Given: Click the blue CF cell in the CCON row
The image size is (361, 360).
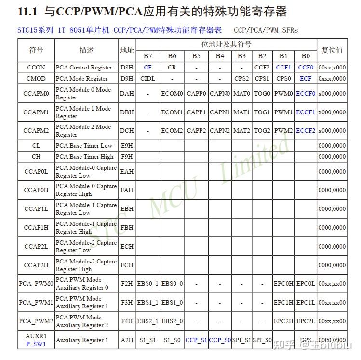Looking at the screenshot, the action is point(147,68).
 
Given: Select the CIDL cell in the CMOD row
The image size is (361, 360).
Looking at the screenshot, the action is point(147,78).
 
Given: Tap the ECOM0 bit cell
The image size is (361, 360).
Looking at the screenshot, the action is point(172,94).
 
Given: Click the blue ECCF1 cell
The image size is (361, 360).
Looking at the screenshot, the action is point(306,112).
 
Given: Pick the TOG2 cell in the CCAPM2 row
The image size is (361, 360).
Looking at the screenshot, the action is point(262,131).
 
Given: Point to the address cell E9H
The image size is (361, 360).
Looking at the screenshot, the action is point(127,146).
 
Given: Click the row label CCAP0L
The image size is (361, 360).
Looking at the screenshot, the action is point(36,171).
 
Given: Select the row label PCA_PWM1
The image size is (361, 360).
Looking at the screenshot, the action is point(36,303).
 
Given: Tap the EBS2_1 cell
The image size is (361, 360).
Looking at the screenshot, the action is point(147,321).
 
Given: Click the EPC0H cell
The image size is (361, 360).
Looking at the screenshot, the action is point(283,284).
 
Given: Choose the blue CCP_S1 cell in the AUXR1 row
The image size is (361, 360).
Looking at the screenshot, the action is point(196,340).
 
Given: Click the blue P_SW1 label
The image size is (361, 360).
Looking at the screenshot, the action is point(36,344).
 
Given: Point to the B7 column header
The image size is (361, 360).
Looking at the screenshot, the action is point(147,56).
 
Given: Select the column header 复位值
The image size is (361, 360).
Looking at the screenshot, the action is point(332,50).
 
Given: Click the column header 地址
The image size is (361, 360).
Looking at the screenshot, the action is point(127,50).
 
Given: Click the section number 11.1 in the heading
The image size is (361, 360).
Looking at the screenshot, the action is point(27,11).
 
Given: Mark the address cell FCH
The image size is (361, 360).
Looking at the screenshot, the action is point(127,265).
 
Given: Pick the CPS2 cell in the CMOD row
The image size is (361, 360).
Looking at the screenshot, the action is point(241,78).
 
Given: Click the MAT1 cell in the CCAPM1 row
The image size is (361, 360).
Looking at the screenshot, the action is point(241,112).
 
